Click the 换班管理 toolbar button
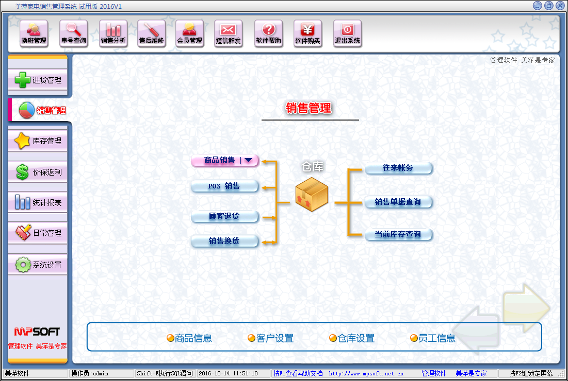[x=34, y=33]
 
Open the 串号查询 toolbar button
[x=74, y=33]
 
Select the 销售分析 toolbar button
[x=113, y=33]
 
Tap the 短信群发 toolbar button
[x=228, y=33]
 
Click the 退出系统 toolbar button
[x=347, y=33]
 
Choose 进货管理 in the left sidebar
[x=38, y=80]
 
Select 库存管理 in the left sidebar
[x=38, y=141]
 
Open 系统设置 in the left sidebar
[x=38, y=265]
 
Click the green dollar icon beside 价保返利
[x=23, y=172]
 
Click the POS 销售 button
[x=224, y=186]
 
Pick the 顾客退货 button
[x=224, y=217]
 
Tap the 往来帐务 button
[x=398, y=168]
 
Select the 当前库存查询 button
[x=398, y=234]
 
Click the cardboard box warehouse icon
[x=312, y=195]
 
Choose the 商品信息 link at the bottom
[x=189, y=338]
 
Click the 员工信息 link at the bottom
[x=432, y=338]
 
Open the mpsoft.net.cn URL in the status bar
[x=366, y=373]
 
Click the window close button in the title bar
[x=560, y=6]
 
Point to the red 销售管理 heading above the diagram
[x=309, y=108]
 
